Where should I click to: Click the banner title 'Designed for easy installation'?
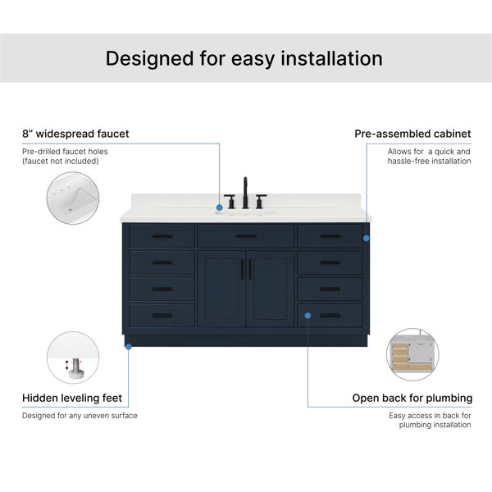[244, 59]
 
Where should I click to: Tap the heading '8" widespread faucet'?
[75, 134]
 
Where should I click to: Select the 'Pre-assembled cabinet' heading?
[412, 134]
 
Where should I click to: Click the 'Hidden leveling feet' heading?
[72, 398]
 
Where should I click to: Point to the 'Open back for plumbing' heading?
[412, 398]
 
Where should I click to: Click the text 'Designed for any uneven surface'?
[80, 416]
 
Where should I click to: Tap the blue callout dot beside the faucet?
[220, 207]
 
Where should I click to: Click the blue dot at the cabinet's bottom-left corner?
[129, 347]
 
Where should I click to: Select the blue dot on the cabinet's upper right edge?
[367, 238]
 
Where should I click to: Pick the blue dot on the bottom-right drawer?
[307, 316]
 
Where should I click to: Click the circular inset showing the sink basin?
[73, 198]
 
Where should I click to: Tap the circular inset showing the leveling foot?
[73, 358]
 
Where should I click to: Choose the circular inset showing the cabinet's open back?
[412, 354]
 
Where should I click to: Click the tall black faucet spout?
[245, 193]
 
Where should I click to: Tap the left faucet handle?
[230, 202]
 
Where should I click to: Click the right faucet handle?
[261, 202]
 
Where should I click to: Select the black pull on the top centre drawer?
[246, 236]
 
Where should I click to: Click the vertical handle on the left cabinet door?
[242, 270]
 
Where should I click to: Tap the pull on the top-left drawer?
[162, 236]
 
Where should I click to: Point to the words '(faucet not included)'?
[60, 161]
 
